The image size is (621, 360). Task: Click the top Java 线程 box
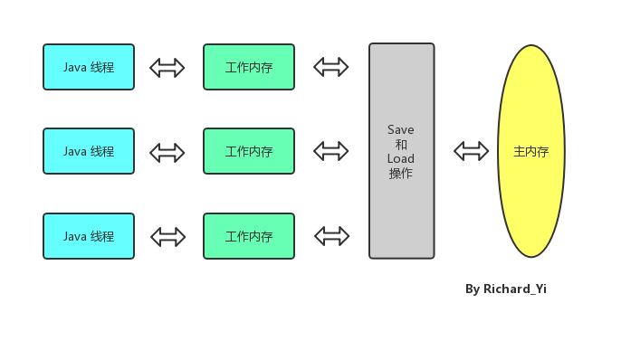[89, 67]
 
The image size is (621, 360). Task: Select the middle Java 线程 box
[89, 151]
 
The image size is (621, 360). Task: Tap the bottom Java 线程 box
[89, 236]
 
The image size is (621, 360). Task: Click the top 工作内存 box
[249, 67]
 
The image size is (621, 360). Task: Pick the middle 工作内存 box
[249, 151]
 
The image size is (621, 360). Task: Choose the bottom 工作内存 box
[249, 236]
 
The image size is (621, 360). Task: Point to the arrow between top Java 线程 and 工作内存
[167, 67]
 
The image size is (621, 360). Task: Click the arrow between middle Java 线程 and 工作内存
[167, 152]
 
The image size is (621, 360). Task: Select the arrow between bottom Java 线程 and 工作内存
[167, 236]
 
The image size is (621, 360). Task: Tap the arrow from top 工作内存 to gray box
[331, 66]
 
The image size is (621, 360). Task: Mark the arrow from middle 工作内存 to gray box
[331, 150]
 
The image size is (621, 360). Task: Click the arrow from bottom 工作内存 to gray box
[331, 235]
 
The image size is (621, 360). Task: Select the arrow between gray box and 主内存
[471, 151]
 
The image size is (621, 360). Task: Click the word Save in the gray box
[401, 130]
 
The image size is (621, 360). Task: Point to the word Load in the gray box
[401, 159]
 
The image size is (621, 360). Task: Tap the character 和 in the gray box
[401, 145]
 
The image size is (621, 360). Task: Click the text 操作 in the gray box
[401, 174]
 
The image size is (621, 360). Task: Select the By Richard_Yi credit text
[506, 289]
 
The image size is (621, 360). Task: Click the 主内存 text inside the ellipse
[531, 152]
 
